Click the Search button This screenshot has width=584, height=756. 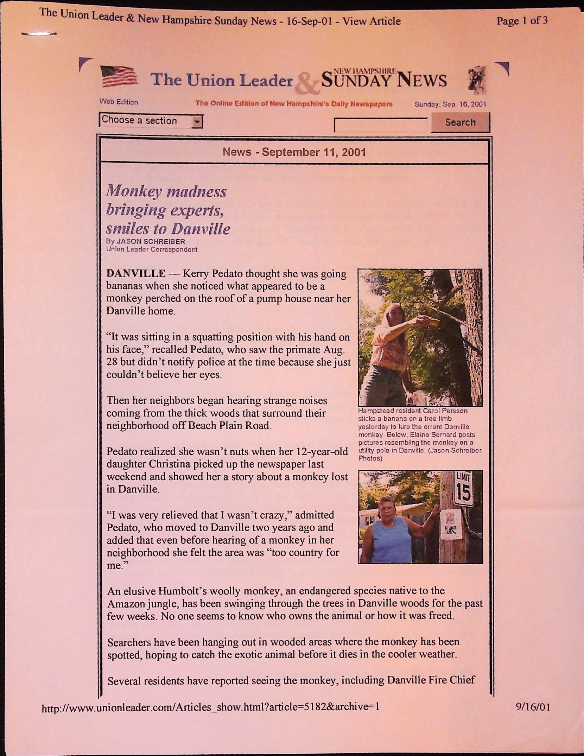pos(460,122)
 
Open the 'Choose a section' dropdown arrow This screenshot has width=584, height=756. pos(198,122)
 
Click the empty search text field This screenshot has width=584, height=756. pos(381,125)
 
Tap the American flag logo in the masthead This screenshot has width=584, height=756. pos(119,76)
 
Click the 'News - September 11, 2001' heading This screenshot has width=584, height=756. pos(294,152)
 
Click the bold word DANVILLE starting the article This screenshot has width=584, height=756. pos(136,274)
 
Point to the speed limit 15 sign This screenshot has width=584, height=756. pos(464,489)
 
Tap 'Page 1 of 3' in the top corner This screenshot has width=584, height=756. pos(522,21)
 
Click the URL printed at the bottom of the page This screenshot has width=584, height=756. pos(210,707)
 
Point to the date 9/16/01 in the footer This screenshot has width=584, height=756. pos(533,707)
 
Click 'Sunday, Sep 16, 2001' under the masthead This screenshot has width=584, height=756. pos(450,104)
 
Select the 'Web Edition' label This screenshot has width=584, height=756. pos(119,102)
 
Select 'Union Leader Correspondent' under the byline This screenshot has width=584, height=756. pos(152,249)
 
